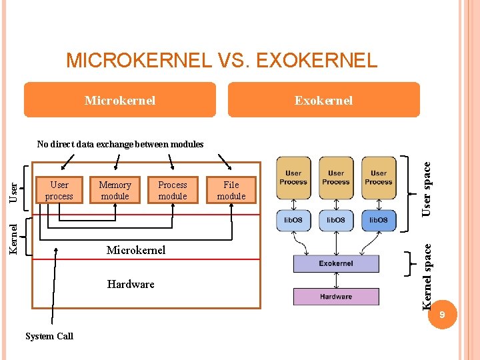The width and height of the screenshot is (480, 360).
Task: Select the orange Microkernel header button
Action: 120,100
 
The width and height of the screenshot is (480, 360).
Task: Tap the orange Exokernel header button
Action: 324,100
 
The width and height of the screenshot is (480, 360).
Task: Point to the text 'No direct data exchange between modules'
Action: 120,144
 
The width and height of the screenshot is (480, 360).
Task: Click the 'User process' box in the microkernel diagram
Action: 59,191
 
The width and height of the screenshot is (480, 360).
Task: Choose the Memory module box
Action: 115,191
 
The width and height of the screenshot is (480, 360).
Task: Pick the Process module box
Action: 173,191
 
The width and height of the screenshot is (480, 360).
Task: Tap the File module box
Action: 231,191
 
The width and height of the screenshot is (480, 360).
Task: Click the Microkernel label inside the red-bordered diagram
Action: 136,250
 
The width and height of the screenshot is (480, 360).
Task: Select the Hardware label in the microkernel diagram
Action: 131,284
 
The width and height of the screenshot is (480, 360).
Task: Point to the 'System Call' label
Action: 49,336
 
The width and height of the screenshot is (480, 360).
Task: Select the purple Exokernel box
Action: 336,263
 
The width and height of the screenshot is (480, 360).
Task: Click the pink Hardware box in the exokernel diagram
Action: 336,297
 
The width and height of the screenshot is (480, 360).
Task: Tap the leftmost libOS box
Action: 293,220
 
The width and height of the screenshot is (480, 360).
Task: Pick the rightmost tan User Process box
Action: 379,177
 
